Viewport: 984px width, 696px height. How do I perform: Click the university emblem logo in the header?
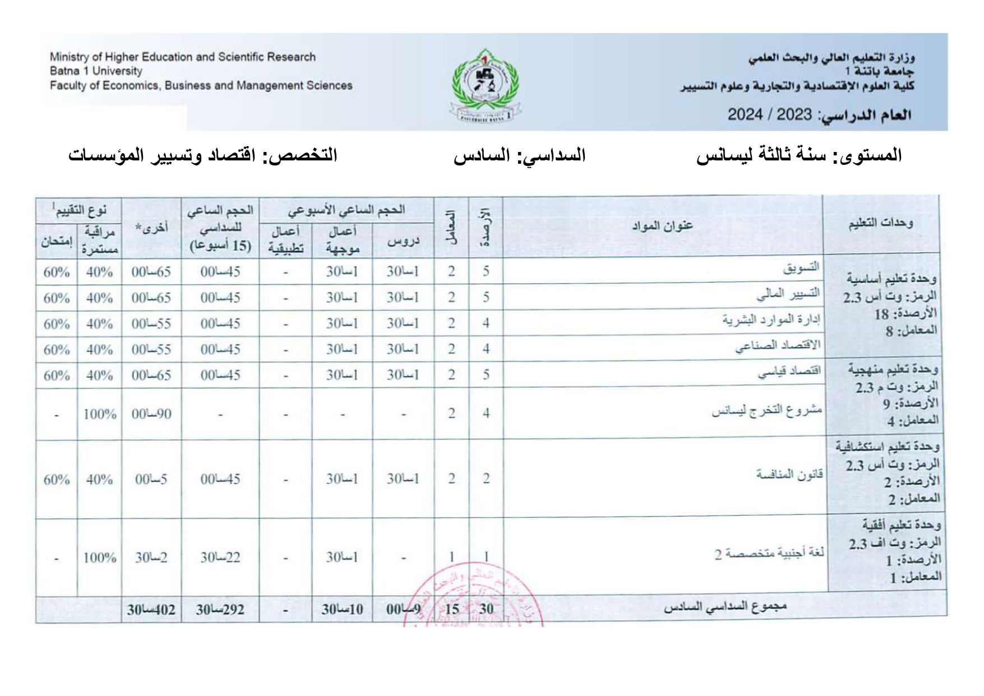click(x=486, y=85)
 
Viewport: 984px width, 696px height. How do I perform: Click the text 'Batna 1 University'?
click(x=96, y=71)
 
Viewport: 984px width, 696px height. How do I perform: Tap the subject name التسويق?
click(x=801, y=268)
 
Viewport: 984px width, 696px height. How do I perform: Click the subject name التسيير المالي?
click(x=788, y=293)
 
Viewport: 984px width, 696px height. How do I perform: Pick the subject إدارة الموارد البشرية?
click(x=771, y=320)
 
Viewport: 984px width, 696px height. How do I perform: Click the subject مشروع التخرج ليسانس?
click(x=766, y=411)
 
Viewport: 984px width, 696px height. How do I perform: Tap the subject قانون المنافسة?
click(x=789, y=475)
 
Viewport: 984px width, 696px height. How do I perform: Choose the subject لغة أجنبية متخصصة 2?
click(x=769, y=554)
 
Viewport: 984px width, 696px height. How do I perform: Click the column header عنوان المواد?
click(x=662, y=225)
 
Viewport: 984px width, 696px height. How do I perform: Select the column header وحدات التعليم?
click(x=880, y=223)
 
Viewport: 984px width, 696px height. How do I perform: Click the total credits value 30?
click(x=486, y=609)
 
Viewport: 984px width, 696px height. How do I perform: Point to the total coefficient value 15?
click(x=451, y=609)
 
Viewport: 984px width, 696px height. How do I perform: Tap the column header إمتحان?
click(x=56, y=242)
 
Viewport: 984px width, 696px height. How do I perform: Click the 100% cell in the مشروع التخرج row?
click(x=99, y=414)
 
